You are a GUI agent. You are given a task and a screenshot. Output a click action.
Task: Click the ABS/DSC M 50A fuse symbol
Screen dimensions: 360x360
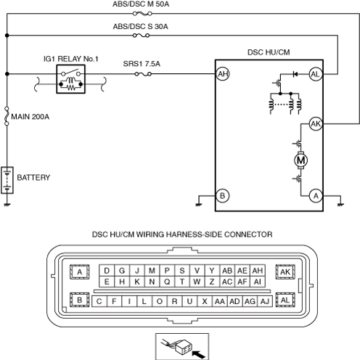142,14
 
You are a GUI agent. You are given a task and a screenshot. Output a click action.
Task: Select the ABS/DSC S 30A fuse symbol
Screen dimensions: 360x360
141,36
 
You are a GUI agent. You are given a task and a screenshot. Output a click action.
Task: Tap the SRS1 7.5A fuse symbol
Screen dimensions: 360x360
143,74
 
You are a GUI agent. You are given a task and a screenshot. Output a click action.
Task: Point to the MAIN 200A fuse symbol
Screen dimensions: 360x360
7,116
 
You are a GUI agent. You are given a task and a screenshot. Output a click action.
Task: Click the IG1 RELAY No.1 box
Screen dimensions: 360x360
71,79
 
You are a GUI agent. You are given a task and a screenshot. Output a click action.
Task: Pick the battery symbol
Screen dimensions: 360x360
7,180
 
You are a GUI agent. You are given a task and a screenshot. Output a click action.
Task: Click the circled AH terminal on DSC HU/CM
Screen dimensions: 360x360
223,74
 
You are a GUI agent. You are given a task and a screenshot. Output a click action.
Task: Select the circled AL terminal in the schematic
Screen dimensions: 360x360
316,74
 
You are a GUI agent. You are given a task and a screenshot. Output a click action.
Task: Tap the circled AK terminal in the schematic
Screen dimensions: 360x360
316,124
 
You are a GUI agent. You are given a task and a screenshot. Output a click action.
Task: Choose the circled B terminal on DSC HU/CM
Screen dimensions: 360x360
223,195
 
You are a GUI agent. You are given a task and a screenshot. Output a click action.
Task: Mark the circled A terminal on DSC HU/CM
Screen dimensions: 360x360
316,195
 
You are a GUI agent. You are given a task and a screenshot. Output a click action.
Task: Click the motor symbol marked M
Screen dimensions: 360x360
300,160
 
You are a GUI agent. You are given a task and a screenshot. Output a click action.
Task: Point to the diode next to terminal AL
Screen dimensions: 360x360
295,74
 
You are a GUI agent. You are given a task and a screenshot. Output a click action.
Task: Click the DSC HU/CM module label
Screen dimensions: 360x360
269,52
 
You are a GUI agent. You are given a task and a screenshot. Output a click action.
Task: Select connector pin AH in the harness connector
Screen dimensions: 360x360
258,271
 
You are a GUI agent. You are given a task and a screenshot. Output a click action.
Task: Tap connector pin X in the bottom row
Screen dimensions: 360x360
205,301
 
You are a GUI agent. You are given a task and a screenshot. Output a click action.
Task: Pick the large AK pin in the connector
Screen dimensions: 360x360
285,272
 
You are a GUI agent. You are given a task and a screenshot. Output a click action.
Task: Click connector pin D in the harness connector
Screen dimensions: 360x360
107,271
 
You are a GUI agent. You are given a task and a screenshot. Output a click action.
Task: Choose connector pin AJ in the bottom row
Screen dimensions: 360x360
265,301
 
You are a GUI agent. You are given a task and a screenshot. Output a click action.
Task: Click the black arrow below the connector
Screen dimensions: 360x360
198,355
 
